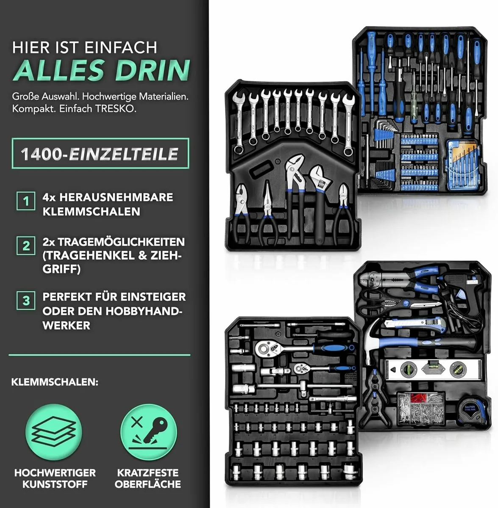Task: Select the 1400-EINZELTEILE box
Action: [100, 153]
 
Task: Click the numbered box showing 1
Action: [26, 201]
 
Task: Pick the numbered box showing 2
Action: [26, 246]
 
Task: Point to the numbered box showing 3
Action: [26, 301]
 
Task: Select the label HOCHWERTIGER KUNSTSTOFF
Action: [55, 478]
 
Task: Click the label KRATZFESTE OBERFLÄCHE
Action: [148, 478]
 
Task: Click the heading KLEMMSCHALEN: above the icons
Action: [55, 382]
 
